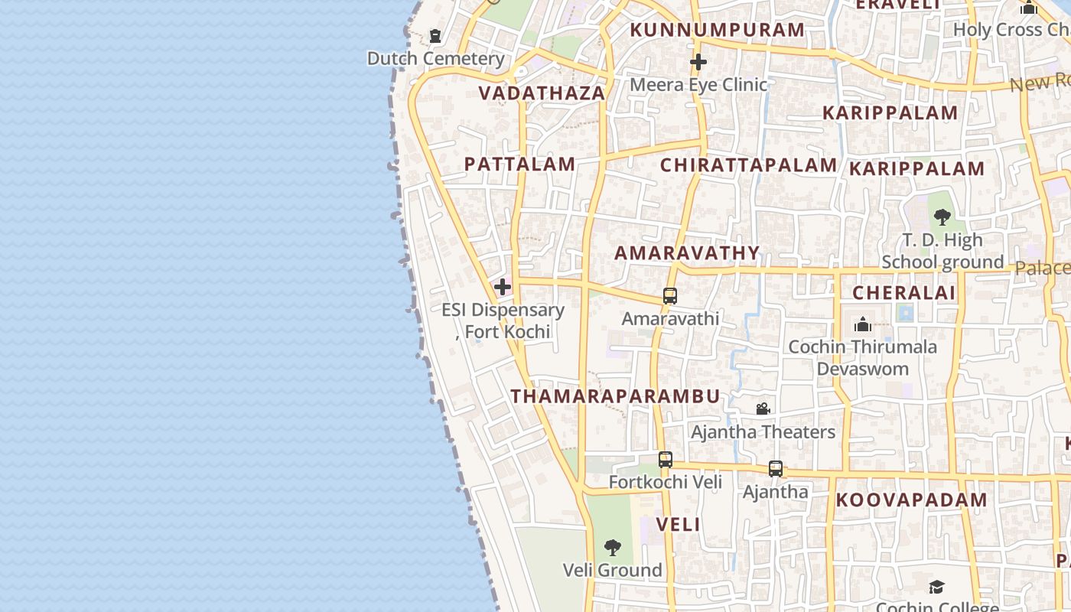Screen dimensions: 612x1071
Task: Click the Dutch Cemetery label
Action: coord(435,59)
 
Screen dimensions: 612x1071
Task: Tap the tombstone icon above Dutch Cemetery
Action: coord(435,36)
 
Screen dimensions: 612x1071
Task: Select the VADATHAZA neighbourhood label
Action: coord(542,93)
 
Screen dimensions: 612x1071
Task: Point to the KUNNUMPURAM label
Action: coord(717,31)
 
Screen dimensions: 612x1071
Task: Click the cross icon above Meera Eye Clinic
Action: coord(698,62)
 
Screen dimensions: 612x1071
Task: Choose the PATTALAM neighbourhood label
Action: coord(519,164)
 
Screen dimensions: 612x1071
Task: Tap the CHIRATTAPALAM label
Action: coord(748,165)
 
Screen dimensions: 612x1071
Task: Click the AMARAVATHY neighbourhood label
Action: coord(687,253)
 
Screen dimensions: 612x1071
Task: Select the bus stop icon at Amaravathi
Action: coord(670,295)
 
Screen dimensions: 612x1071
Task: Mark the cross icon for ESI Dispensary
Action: coord(503,287)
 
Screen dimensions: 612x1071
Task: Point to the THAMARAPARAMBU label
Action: coord(615,396)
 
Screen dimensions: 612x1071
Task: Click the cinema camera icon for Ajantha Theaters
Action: coord(763,409)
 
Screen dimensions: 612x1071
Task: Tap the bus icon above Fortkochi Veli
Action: coord(666,459)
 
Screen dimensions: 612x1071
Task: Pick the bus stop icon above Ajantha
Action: coord(776,468)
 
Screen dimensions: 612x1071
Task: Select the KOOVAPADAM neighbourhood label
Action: coord(911,500)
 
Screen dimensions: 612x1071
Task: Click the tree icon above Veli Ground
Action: coord(612,547)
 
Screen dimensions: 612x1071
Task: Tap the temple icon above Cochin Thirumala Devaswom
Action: coord(863,324)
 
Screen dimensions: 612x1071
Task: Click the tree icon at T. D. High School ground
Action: coord(942,216)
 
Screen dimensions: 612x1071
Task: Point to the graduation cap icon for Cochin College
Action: coord(936,587)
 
